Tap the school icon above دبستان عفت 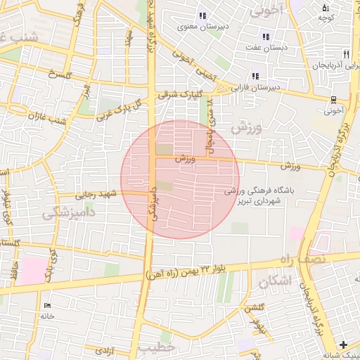tap(266, 36)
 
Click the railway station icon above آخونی tap(333, 99)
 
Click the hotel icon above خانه tap(47, 305)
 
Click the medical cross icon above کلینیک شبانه tap(342, 345)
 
